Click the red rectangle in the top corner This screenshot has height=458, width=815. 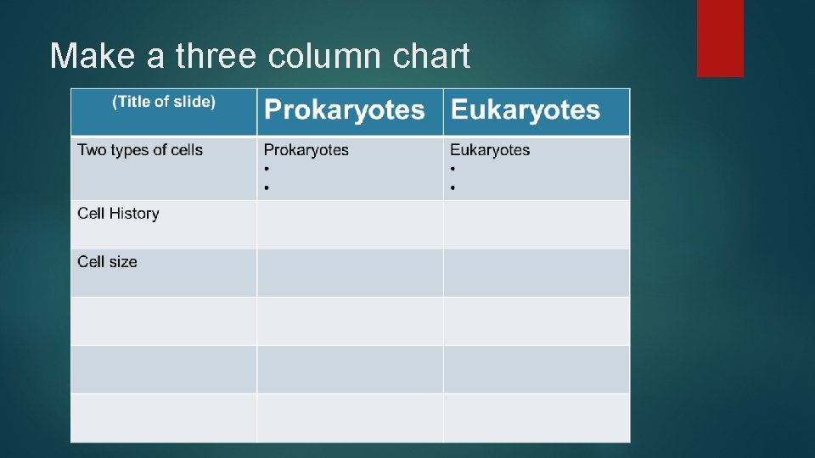[720, 37]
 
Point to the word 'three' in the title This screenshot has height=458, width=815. [216, 56]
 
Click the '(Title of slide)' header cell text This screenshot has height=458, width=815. [164, 102]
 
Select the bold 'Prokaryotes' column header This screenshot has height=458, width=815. [344, 109]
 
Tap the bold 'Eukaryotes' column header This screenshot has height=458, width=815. [525, 109]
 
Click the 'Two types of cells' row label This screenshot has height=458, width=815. [140, 150]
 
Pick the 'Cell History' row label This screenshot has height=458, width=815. [118, 214]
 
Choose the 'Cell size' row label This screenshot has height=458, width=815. [107, 262]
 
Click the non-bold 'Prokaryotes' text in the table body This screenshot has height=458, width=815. [306, 150]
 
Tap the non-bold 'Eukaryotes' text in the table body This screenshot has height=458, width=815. [490, 150]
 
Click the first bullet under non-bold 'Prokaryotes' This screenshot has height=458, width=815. [267, 169]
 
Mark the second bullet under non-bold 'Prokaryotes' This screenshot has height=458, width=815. [267, 187]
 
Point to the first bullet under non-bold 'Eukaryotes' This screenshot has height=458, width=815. [452, 169]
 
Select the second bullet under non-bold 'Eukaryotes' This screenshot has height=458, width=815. [452, 187]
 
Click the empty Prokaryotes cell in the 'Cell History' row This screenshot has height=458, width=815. [350, 225]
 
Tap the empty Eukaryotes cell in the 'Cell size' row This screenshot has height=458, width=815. [537, 273]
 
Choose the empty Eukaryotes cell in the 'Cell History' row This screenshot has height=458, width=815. [537, 225]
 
